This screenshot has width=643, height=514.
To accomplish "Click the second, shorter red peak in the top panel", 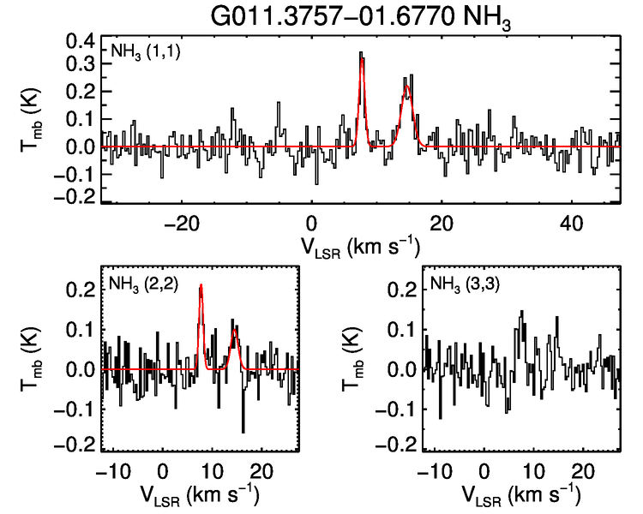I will pyautogui.click(x=406, y=86).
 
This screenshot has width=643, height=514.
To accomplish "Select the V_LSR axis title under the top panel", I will pyautogui.click(x=360, y=246).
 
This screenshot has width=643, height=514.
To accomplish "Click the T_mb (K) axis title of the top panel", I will pyautogui.click(x=31, y=120).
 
